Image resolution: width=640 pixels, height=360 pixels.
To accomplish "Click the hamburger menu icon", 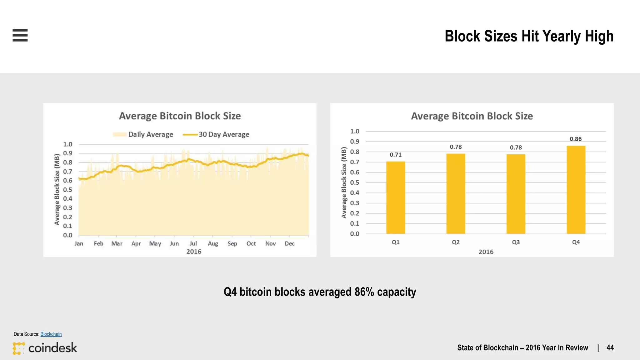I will [x=20, y=35].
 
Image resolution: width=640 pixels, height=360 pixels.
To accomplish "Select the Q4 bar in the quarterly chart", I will [x=576, y=189].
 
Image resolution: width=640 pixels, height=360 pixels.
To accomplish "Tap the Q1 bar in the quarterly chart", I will [x=396, y=197].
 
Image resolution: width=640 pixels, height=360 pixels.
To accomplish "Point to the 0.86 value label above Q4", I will [x=576, y=139].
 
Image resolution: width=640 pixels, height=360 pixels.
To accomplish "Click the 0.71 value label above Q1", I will [x=396, y=155].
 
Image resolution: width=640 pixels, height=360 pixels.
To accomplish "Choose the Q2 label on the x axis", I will [x=456, y=242].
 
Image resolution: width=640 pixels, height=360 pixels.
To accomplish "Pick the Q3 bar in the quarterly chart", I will [x=516, y=194].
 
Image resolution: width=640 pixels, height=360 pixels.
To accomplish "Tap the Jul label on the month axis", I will [x=193, y=243].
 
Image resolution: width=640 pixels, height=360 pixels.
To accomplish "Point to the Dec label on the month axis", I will [x=289, y=243].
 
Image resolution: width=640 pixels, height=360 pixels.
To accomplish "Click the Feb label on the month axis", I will [x=98, y=243].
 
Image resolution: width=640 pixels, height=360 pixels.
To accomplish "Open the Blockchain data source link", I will [x=51, y=334].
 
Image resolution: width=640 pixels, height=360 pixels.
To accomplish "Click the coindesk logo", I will [x=45, y=348].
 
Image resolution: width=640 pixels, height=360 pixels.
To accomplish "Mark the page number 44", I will [x=610, y=348].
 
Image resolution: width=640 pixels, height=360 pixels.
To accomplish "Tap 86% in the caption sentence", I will [x=364, y=292].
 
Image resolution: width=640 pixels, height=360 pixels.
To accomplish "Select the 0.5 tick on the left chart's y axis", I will [x=67, y=190].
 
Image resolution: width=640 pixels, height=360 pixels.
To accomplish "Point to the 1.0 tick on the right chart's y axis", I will [x=355, y=131].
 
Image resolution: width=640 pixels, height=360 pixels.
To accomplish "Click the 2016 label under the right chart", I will [x=486, y=252].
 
